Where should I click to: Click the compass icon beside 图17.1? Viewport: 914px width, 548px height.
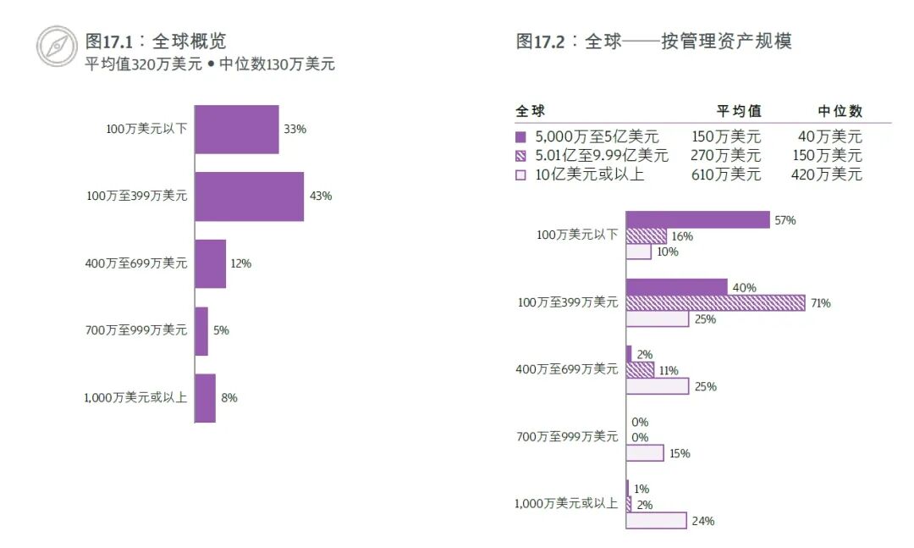point(57,46)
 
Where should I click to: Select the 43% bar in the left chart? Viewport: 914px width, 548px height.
point(249,197)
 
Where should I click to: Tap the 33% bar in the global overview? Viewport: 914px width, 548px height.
point(237,130)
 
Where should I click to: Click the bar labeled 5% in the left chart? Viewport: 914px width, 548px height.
point(201,330)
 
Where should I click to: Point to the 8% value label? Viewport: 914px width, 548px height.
point(229,398)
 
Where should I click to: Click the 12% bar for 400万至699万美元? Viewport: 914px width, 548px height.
point(211,263)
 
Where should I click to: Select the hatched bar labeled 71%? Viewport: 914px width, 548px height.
point(715,303)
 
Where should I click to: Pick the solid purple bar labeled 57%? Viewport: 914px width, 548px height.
point(697,220)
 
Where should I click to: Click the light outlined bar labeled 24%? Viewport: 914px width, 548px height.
point(656,521)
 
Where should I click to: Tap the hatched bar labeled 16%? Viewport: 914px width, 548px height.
point(646,236)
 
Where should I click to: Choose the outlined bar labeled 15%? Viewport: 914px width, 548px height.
point(645,453)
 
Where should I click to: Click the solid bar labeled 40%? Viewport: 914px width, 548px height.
point(676,287)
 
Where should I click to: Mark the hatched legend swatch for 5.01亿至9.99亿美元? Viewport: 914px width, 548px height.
point(520,156)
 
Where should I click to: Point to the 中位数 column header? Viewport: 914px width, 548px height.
point(840,111)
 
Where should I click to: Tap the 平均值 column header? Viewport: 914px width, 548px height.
point(739,111)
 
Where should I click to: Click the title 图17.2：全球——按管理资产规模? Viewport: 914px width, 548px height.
point(653,42)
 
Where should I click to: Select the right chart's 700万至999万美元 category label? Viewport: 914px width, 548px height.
point(567,437)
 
